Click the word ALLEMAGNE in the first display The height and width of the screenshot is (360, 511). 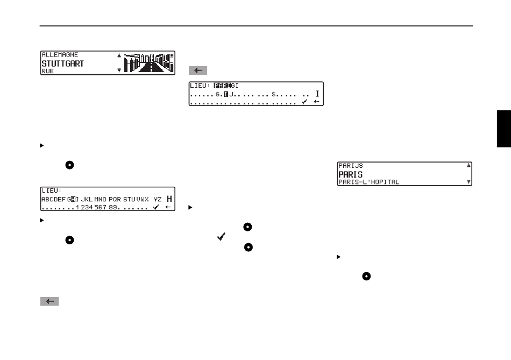tap(60, 55)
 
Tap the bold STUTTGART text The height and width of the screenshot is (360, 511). tap(62, 63)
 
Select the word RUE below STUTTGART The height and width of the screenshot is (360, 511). tap(48, 70)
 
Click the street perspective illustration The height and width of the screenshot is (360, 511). tap(150, 63)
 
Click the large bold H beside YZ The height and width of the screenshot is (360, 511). tap(169, 199)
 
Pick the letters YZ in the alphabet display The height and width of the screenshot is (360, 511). tap(157, 199)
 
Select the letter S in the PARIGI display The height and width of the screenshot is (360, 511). tap(273, 94)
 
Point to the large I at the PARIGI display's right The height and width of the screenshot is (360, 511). tap(317, 94)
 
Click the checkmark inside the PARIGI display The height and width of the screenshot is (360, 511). tap(304, 101)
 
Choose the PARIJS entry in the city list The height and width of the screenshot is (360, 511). tap(351, 166)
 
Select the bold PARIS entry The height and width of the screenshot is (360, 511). tap(350, 174)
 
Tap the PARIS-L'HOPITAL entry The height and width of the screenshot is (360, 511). tap(368, 182)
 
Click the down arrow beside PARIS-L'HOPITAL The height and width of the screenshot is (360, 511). tap(469, 182)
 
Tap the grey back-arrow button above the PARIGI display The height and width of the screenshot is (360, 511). tap(198, 70)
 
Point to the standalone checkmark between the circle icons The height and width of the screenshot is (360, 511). tap(221, 237)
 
